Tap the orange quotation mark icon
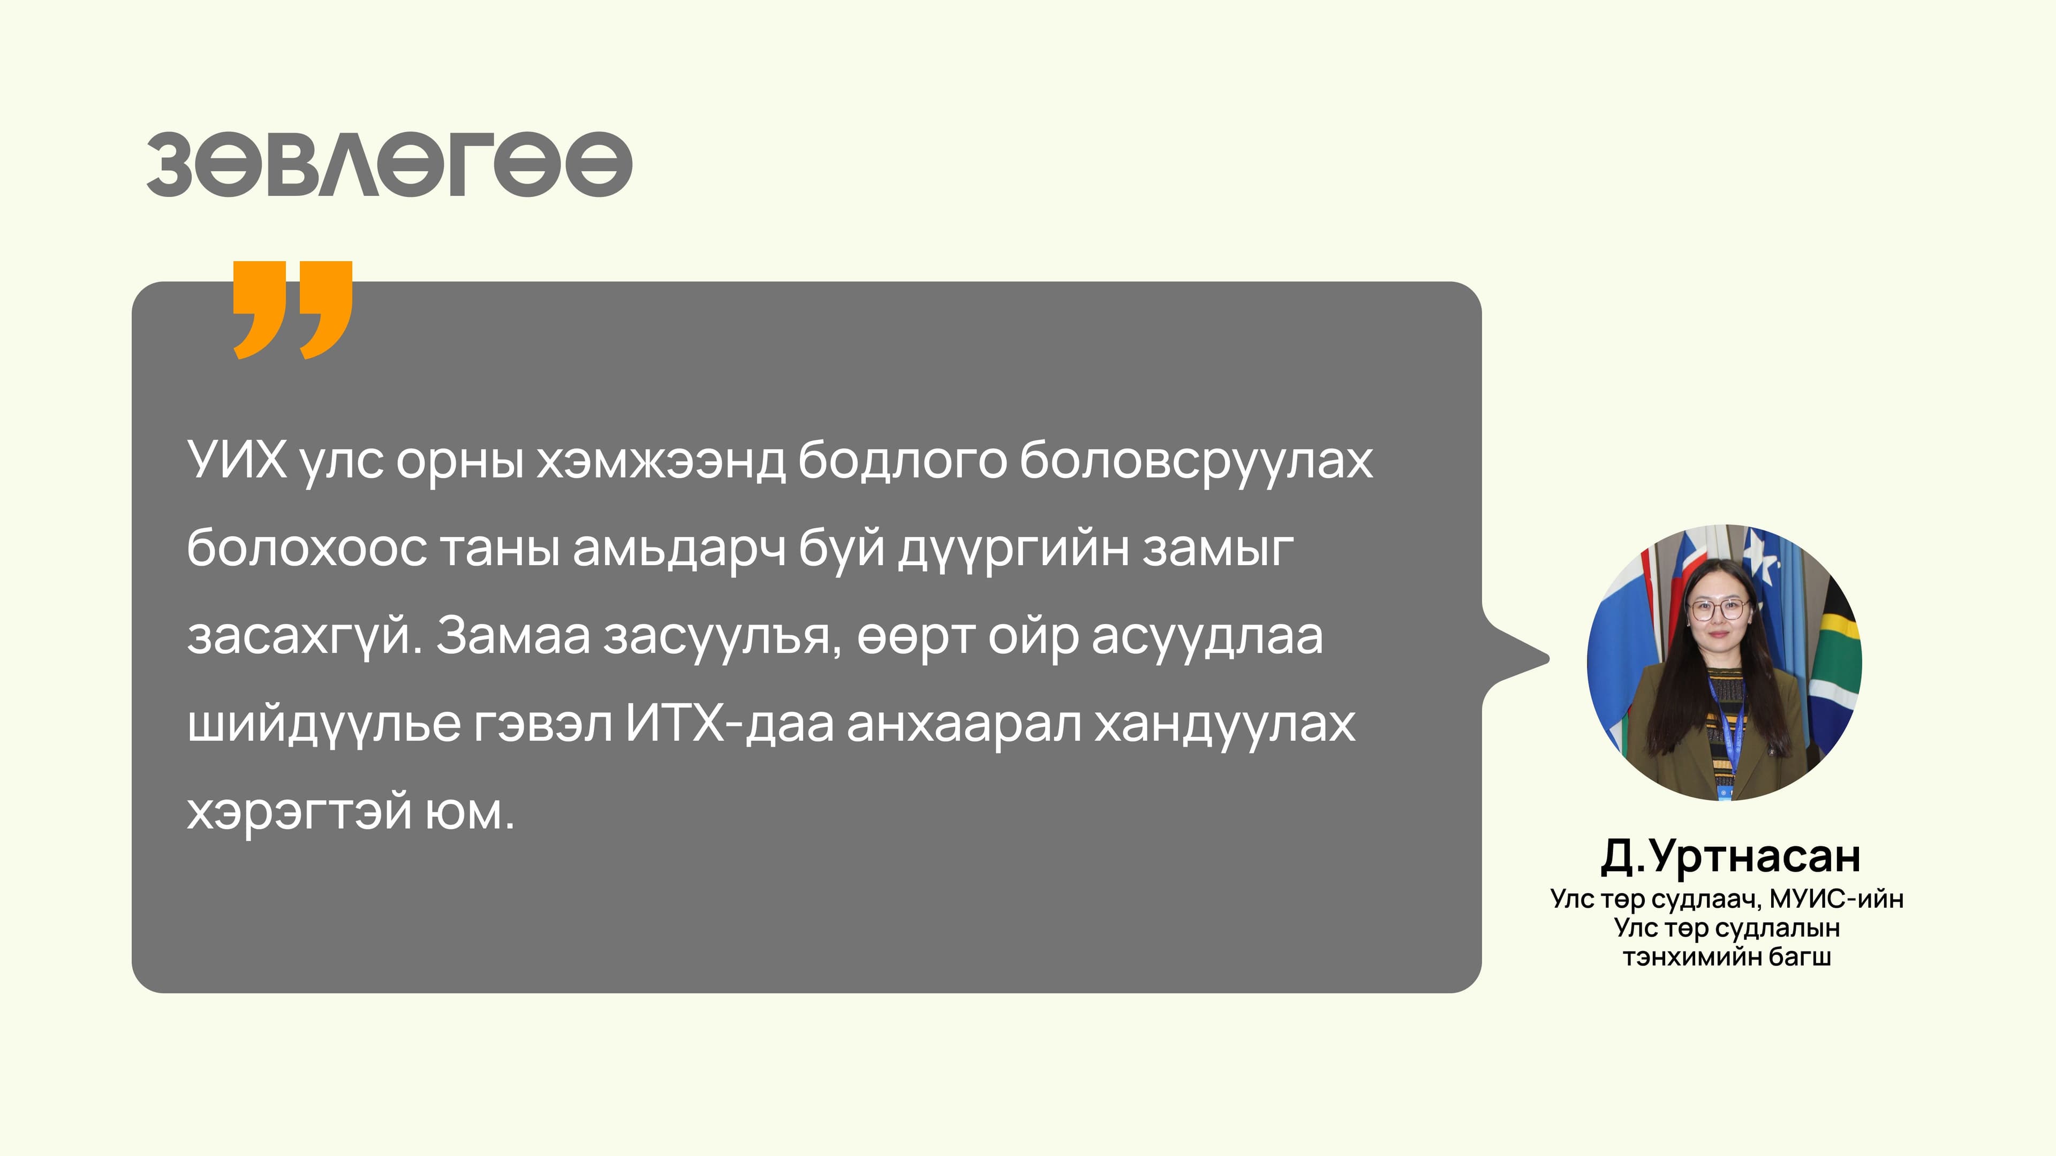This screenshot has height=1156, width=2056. click(292, 309)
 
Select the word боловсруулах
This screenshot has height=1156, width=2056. click(1196, 462)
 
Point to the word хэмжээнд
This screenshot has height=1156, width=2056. click(661, 462)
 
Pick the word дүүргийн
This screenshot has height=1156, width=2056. click(1013, 550)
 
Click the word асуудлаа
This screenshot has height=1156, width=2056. click(1207, 637)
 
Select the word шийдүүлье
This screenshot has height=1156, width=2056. click(324, 725)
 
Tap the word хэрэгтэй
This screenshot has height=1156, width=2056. click(299, 813)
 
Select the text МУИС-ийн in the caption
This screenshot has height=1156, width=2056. click(1836, 899)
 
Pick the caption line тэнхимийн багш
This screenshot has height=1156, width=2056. click(1726, 956)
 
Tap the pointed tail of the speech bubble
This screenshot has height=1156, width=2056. click(1529, 659)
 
